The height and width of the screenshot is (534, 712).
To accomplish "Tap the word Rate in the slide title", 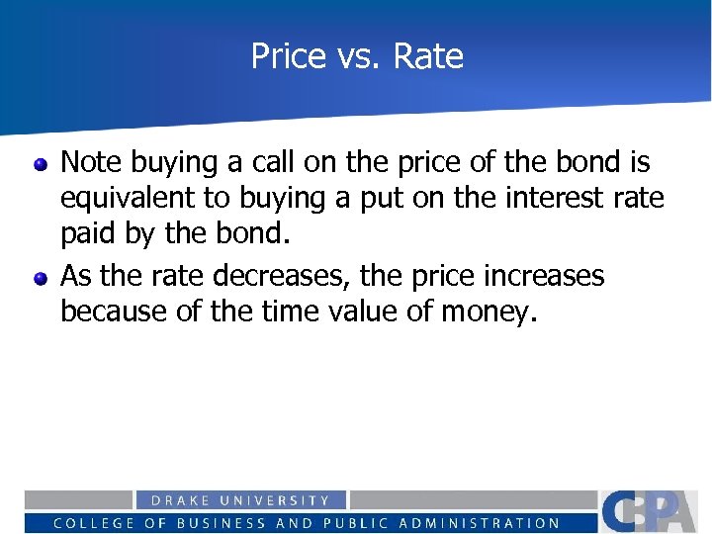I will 427,56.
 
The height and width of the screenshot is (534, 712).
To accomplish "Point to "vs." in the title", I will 353,57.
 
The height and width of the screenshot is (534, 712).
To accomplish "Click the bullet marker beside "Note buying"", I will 41,163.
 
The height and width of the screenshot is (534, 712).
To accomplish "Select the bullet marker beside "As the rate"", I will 41,277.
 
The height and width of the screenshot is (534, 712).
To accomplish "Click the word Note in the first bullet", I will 94,161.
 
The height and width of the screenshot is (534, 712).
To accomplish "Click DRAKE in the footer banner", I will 176,501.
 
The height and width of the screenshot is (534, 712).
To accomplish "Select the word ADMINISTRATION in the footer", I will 482,523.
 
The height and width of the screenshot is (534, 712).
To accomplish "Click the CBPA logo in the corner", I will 654,511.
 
